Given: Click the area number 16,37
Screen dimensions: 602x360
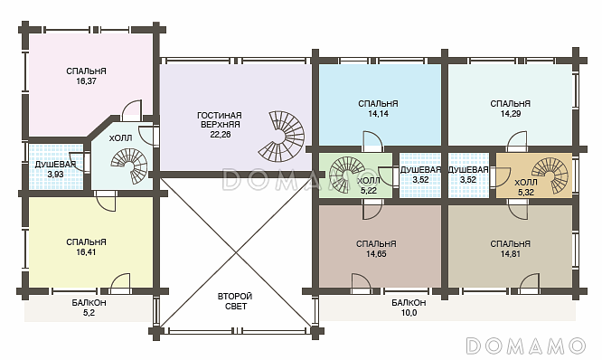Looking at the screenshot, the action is [86, 81].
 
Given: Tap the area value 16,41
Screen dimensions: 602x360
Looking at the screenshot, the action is [86, 252].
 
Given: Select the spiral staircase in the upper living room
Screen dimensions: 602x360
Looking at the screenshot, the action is [281, 136].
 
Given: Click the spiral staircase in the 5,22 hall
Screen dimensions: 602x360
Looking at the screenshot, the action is [347, 175].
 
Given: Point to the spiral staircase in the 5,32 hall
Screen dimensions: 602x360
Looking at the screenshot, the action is [551, 176].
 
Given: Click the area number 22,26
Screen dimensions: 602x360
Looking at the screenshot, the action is [221, 135].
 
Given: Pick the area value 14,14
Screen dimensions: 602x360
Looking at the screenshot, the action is [378, 114].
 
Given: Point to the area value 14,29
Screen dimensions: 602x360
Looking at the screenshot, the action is [510, 114].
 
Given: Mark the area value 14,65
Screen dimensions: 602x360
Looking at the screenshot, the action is [376, 254].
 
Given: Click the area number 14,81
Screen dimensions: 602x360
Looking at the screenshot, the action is [510, 254].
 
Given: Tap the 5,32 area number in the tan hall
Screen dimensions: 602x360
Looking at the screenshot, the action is [525, 193].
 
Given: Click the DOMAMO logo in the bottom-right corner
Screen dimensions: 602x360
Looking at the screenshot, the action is [525, 346].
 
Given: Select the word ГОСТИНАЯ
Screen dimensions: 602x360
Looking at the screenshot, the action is [220, 116].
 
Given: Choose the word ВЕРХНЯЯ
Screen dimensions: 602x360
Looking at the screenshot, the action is [221, 125].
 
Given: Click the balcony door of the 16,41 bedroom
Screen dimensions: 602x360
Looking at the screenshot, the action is [120, 282].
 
